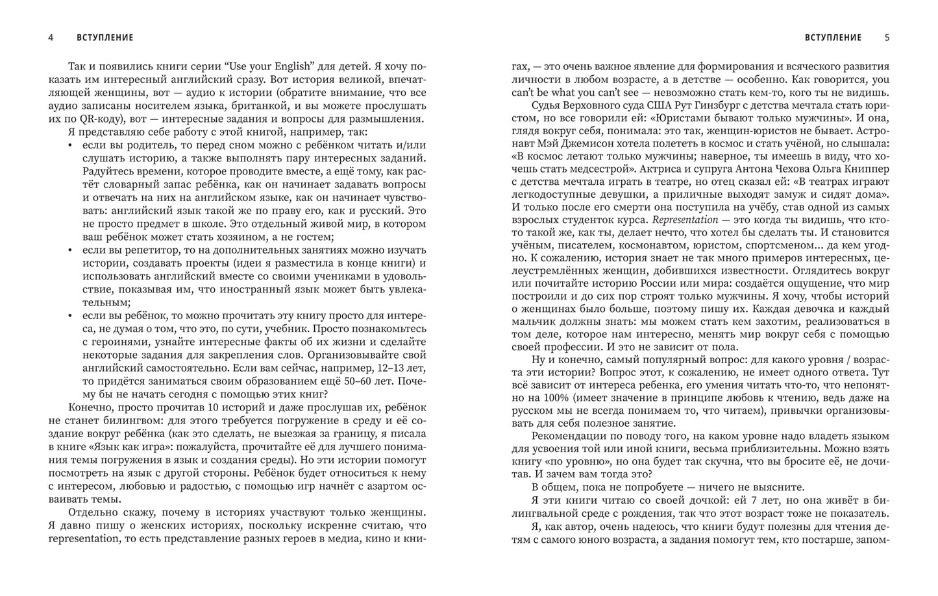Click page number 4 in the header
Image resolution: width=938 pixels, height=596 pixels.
51,38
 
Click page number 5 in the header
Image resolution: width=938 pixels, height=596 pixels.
887,38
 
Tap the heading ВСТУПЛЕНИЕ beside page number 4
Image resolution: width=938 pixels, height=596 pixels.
105,38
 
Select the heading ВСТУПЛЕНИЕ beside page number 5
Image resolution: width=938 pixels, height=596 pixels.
833,38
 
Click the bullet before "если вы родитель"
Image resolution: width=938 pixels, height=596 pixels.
70,145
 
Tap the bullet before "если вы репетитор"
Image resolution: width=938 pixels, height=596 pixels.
70,250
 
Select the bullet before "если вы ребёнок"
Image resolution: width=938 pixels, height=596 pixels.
70,315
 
